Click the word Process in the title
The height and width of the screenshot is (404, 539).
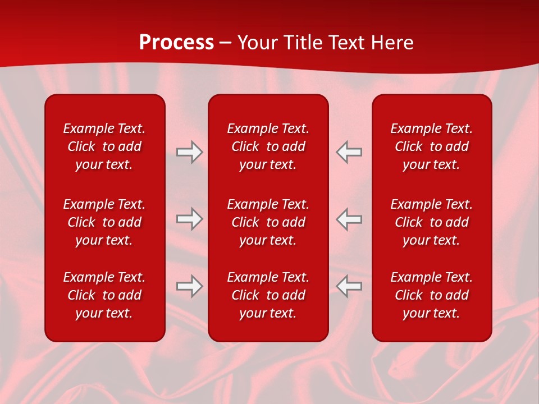[176, 43]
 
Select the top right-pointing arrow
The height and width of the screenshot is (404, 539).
[189, 152]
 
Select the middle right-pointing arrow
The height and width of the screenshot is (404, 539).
[189, 219]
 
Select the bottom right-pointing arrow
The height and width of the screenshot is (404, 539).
[189, 286]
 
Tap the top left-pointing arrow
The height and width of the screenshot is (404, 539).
[349, 152]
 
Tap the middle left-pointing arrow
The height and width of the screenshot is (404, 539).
[349, 219]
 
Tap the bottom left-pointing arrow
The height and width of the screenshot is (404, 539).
[349, 286]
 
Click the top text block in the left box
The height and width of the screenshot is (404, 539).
[104, 146]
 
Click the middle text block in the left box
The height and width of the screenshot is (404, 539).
[104, 222]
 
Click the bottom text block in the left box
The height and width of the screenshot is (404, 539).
[104, 295]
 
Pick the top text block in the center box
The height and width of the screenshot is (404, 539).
[268, 146]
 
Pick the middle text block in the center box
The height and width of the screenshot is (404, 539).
[268, 222]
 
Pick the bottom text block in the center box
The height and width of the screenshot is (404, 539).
[268, 295]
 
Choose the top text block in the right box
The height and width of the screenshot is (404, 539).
[431, 146]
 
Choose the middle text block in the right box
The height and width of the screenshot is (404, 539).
[431, 222]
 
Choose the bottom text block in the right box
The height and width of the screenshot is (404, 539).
[431, 295]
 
